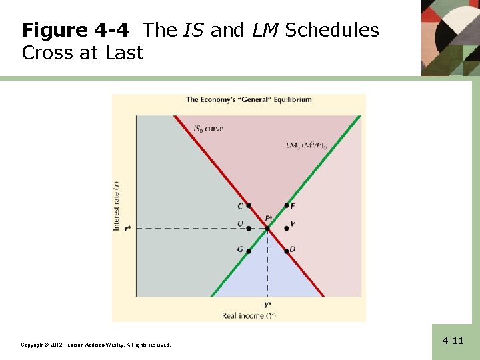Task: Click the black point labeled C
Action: click(249, 206)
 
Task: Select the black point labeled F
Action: click(287, 206)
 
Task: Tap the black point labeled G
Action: click(249, 251)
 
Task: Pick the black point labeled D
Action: click(287, 251)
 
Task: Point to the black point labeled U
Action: click(249, 228)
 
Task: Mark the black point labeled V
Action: click(287, 228)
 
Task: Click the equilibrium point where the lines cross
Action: click(267, 229)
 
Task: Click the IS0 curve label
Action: click(208, 129)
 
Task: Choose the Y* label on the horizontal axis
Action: click(267, 305)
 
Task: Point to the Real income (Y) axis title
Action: click(249, 315)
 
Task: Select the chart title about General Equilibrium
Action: click(249, 100)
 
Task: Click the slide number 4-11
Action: click(453, 341)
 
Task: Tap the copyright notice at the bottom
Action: click(95, 345)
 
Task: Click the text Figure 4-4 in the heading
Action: click(79, 31)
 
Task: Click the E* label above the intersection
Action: click(268, 218)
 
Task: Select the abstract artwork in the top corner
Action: click(450, 37)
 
